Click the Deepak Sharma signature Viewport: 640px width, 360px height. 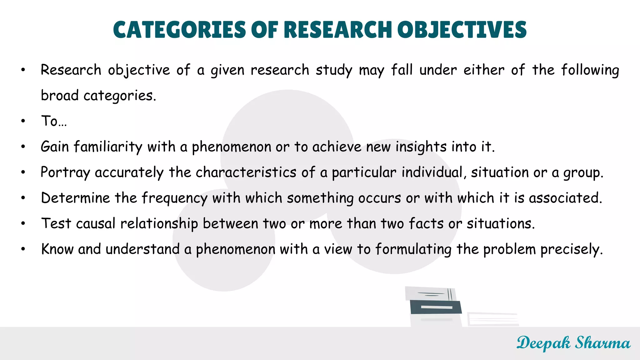tap(573, 343)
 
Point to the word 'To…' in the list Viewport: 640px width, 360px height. tap(54, 121)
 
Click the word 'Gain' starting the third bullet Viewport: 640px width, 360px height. tap(55, 147)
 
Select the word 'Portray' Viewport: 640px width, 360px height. tap(65, 172)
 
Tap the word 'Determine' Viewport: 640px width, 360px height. tap(75, 198)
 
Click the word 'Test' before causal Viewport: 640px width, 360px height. tap(56, 223)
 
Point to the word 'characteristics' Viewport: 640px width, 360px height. tap(246, 172)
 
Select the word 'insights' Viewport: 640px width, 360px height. tap(421, 147)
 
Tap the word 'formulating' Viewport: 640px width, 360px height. tap(413, 249)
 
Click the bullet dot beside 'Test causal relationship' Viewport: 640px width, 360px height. tap(23, 223)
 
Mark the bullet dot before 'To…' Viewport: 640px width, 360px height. tap(23, 121)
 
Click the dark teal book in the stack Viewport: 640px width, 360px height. tap(436, 307)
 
